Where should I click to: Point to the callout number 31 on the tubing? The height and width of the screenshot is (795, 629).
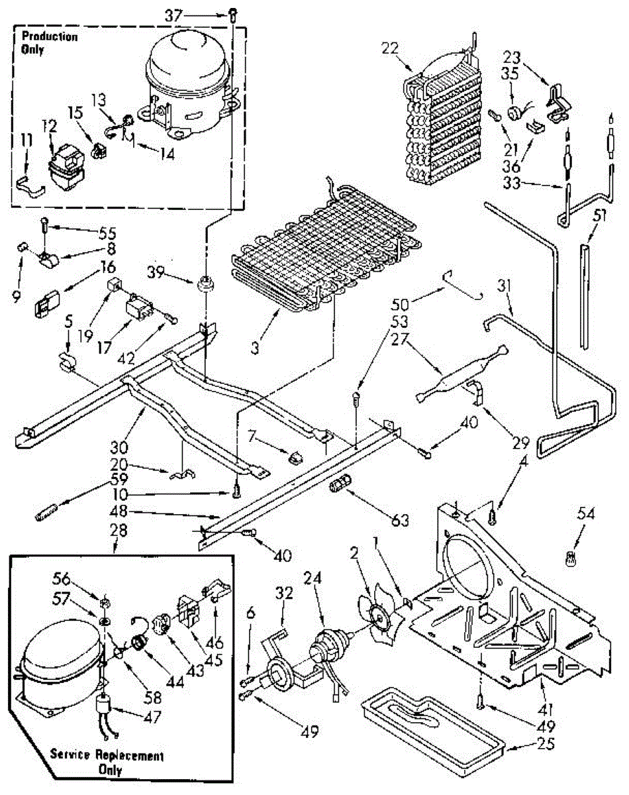pos(507,287)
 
